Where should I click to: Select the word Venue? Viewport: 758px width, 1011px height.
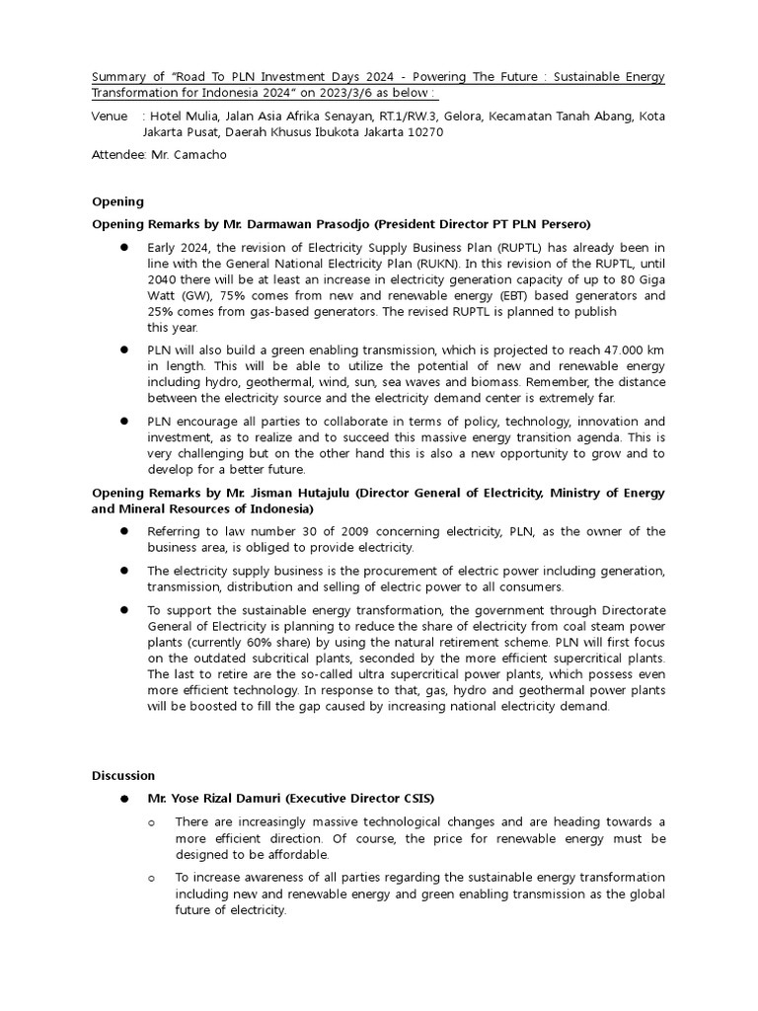coord(110,116)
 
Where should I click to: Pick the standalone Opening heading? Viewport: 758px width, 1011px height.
coord(117,201)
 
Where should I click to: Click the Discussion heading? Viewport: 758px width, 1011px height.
coord(123,775)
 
